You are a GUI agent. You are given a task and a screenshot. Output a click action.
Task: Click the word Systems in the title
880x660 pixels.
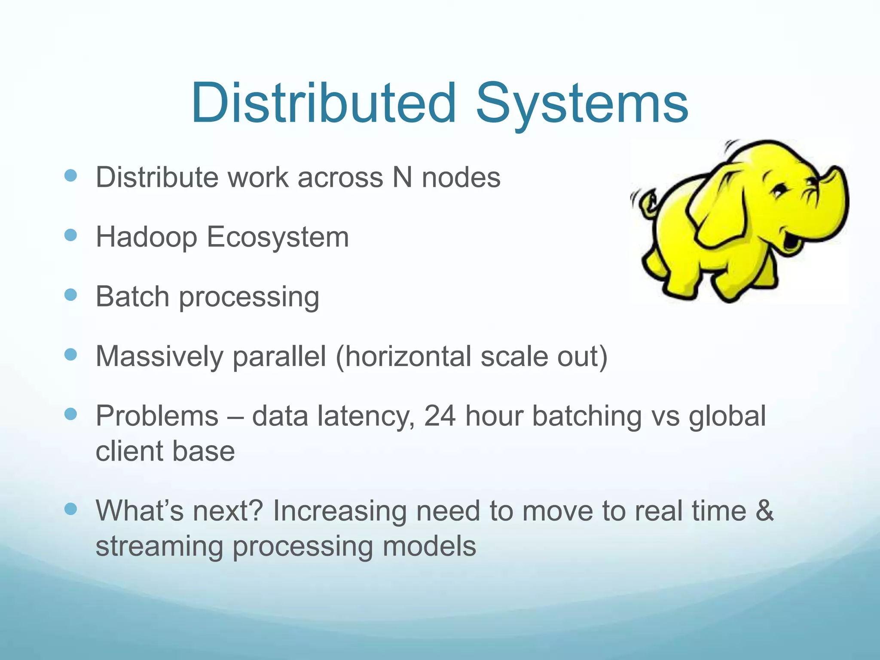582,105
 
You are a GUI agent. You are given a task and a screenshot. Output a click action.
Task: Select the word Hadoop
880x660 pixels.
146,237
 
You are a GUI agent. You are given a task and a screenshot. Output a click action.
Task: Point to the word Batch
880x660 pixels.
132,296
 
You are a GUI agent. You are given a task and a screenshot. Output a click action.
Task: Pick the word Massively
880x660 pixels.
159,357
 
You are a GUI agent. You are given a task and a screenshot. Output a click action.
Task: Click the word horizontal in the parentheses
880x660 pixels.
406,356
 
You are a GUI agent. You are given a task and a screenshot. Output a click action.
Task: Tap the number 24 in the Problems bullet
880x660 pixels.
440,416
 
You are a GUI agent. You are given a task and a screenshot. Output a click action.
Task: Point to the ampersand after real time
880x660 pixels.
764,510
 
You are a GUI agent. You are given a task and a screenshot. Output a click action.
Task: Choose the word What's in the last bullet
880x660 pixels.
139,510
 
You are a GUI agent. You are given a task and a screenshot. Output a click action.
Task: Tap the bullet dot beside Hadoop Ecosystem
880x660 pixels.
70,235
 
